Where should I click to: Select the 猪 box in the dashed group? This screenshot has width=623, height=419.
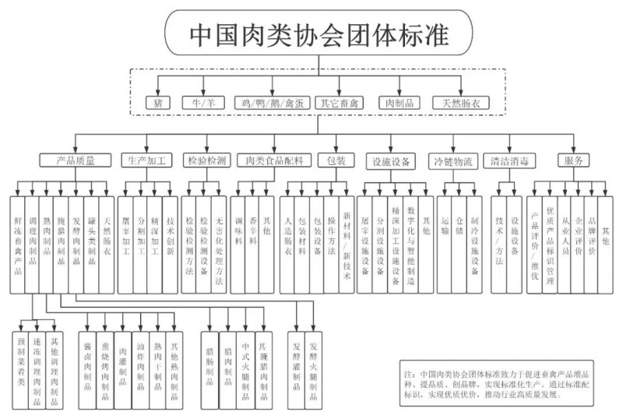(x=159, y=102)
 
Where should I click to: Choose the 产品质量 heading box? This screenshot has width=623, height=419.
(x=76, y=161)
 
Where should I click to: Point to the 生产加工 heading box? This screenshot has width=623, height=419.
(x=148, y=161)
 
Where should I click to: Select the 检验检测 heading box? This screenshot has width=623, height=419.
(x=206, y=161)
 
